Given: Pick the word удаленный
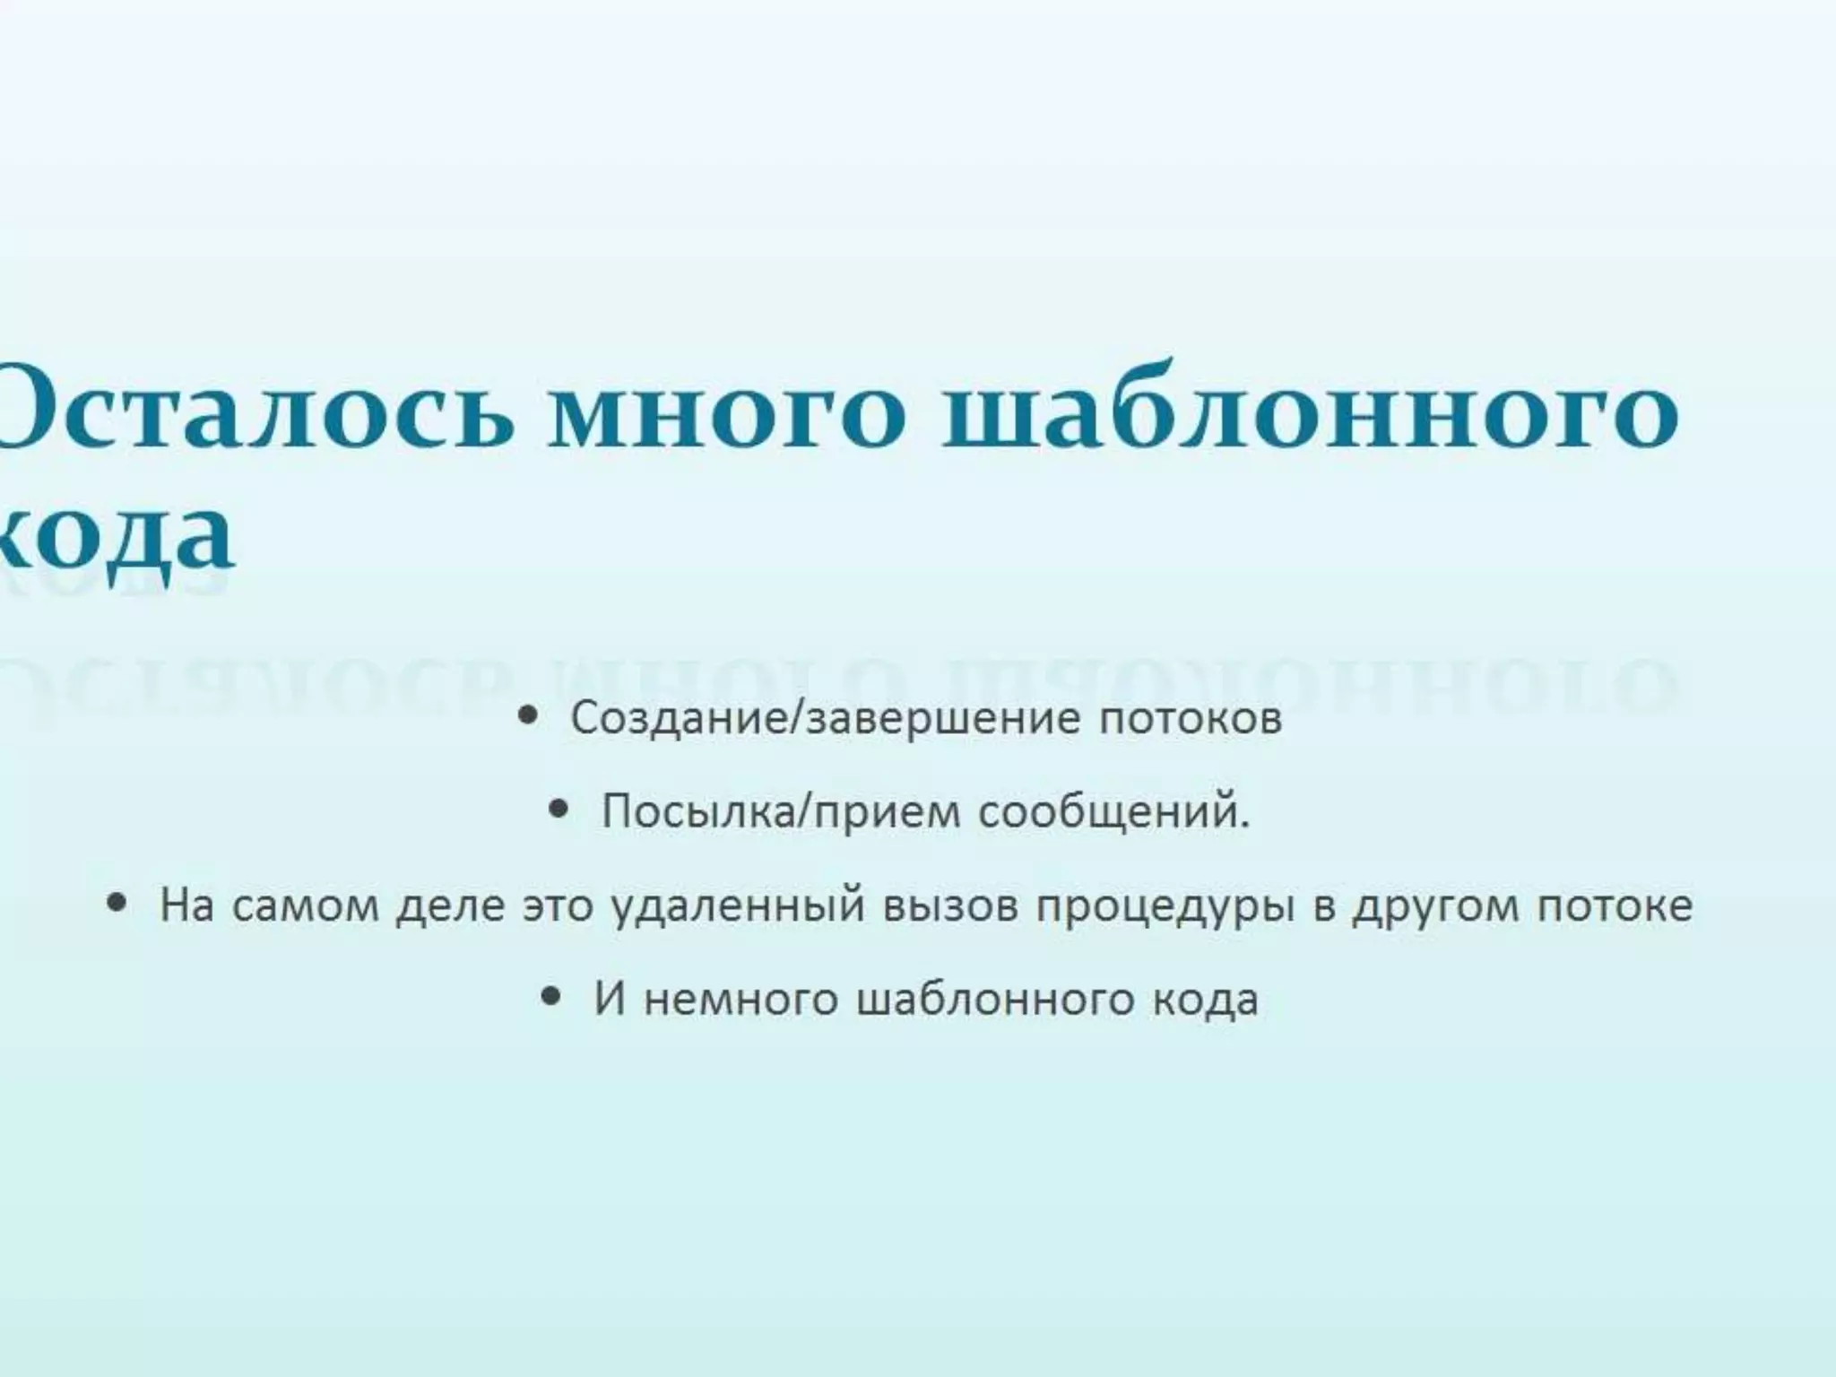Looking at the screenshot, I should tap(739, 906).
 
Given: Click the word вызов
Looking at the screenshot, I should tap(950, 905).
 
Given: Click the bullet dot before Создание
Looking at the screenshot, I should tap(530, 715).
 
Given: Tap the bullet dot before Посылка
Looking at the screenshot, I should tap(559, 810).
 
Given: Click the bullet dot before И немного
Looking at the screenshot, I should tap(552, 996).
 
